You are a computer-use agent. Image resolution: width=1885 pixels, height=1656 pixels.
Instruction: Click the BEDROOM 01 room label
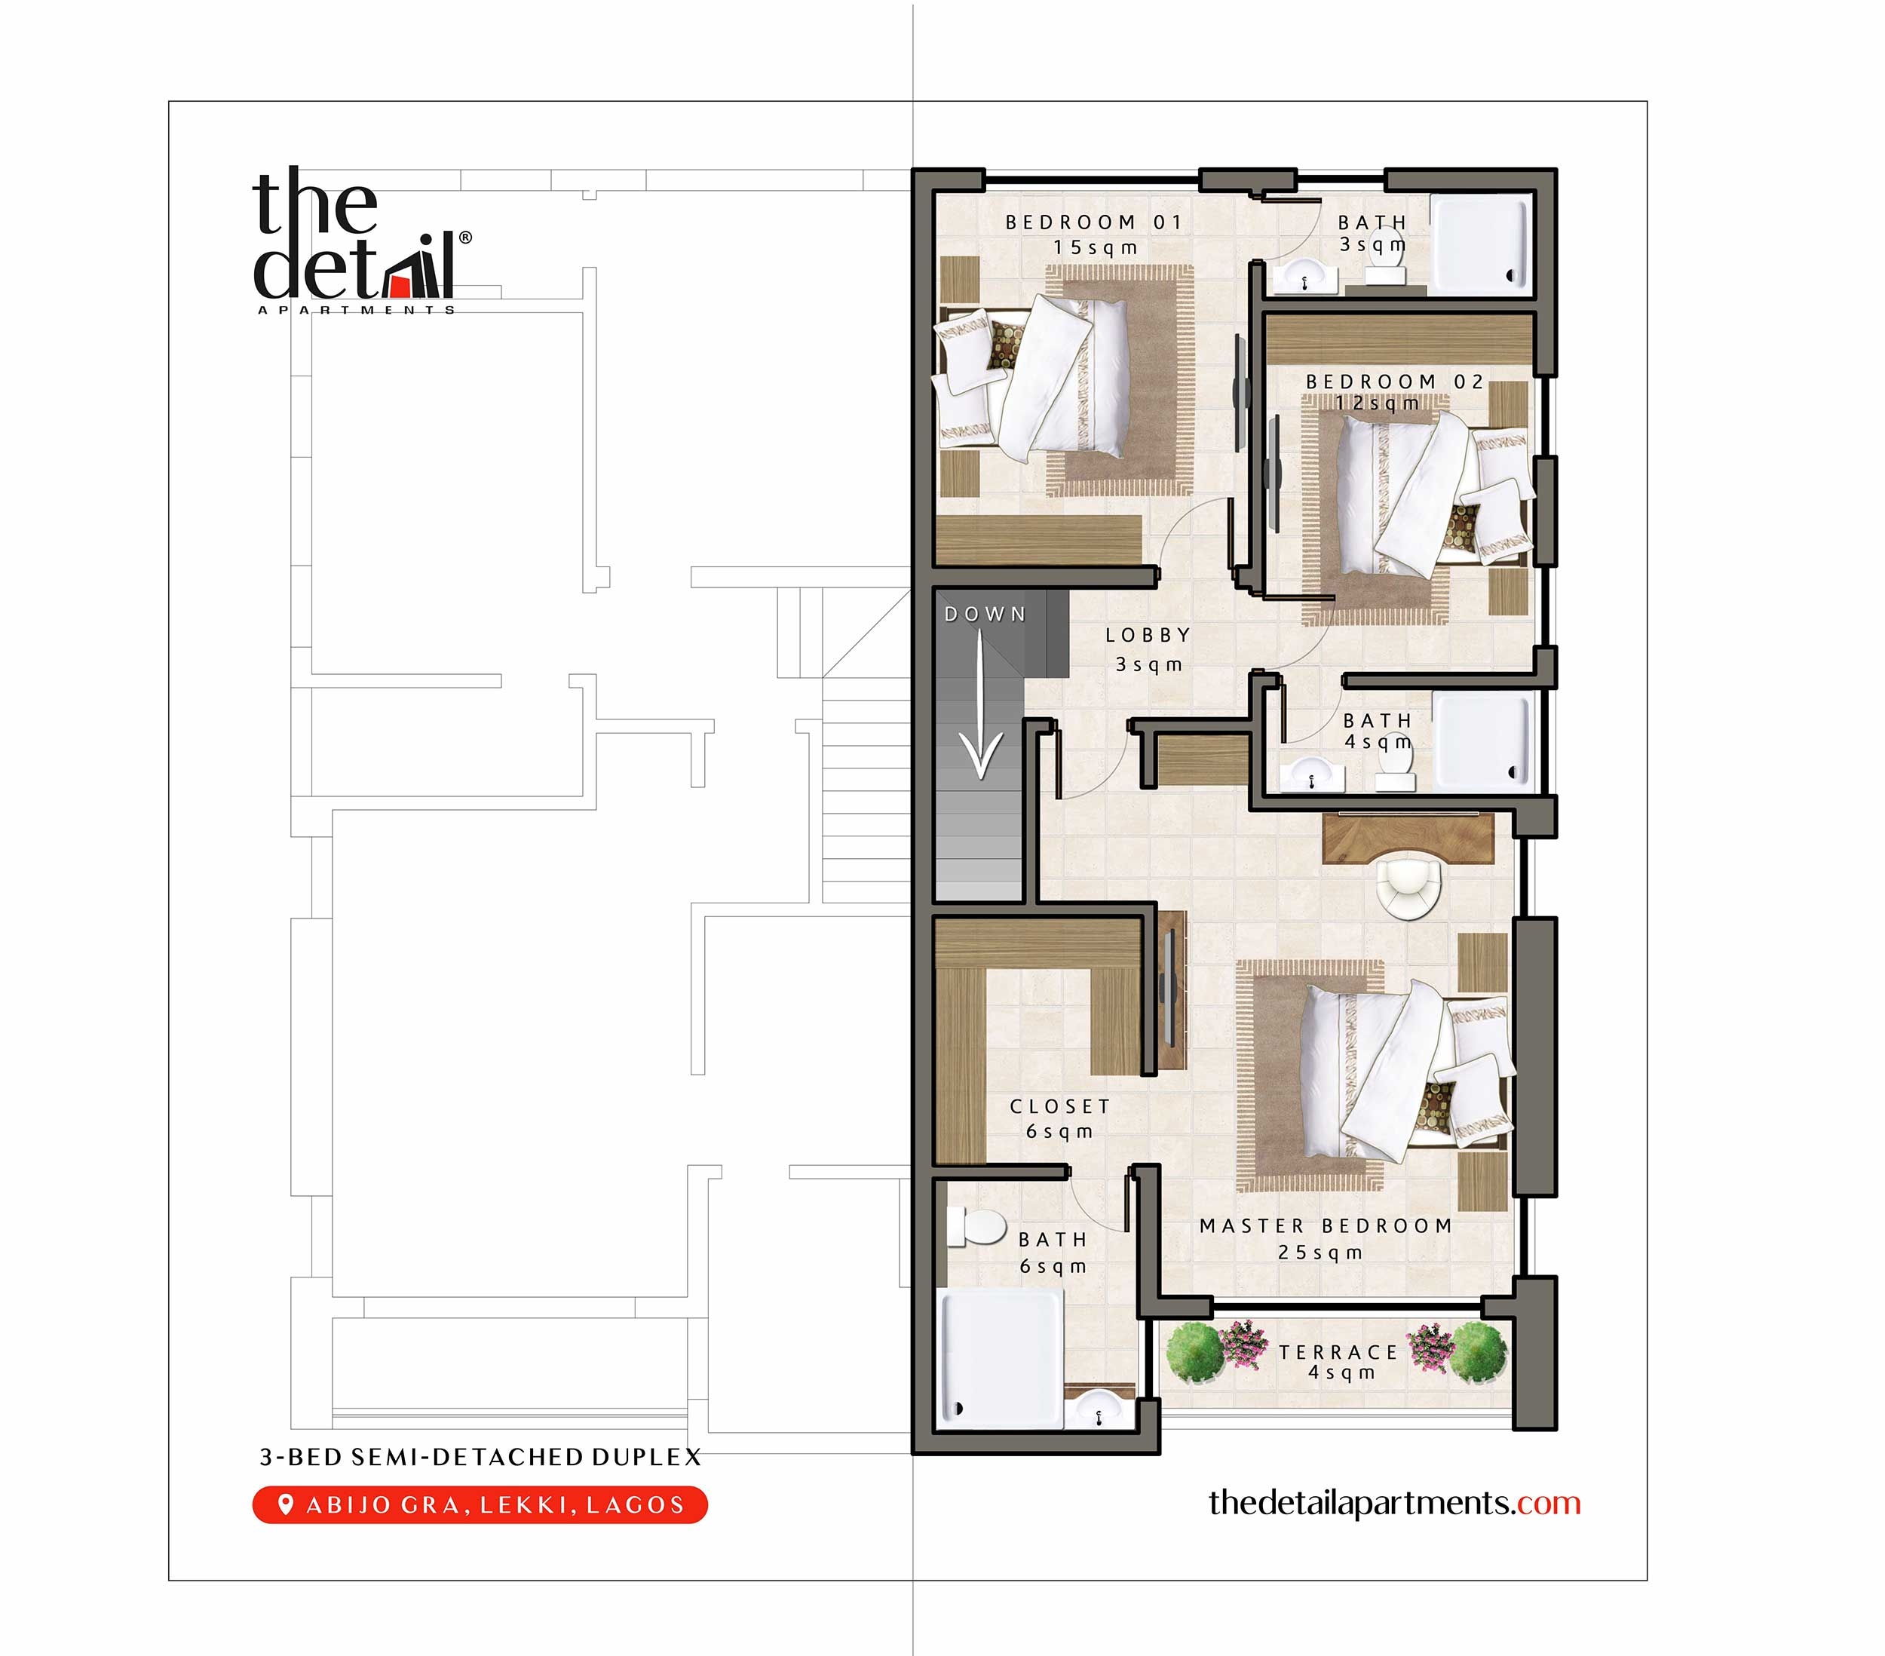click(x=1093, y=222)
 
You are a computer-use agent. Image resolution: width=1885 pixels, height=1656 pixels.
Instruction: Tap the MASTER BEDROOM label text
click(x=1326, y=1226)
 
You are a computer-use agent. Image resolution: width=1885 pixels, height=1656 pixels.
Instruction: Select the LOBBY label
click(x=1148, y=635)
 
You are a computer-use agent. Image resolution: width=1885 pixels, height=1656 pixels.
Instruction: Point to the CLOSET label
click(x=1059, y=1106)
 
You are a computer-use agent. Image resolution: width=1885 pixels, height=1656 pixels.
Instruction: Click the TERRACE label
click(x=1339, y=1353)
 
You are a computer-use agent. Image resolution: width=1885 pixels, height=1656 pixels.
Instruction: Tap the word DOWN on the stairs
click(x=985, y=615)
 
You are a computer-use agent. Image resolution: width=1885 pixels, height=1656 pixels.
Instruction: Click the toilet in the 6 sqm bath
click(x=979, y=1228)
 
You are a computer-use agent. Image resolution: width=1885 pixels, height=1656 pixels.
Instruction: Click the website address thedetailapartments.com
click(x=1393, y=1503)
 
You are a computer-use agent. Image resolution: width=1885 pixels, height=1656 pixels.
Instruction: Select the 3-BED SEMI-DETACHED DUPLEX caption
click(x=480, y=1457)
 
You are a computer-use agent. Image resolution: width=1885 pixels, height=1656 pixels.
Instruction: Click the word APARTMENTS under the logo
click(x=356, y=310)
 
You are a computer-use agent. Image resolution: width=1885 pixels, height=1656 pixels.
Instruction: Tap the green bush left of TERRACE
click(x=1194, y=1353)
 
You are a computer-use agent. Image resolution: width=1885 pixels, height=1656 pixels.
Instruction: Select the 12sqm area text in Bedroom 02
click(x=1377, y=403)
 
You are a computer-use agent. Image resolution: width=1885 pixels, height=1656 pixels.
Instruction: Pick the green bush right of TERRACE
click(x=1479, y=1353)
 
